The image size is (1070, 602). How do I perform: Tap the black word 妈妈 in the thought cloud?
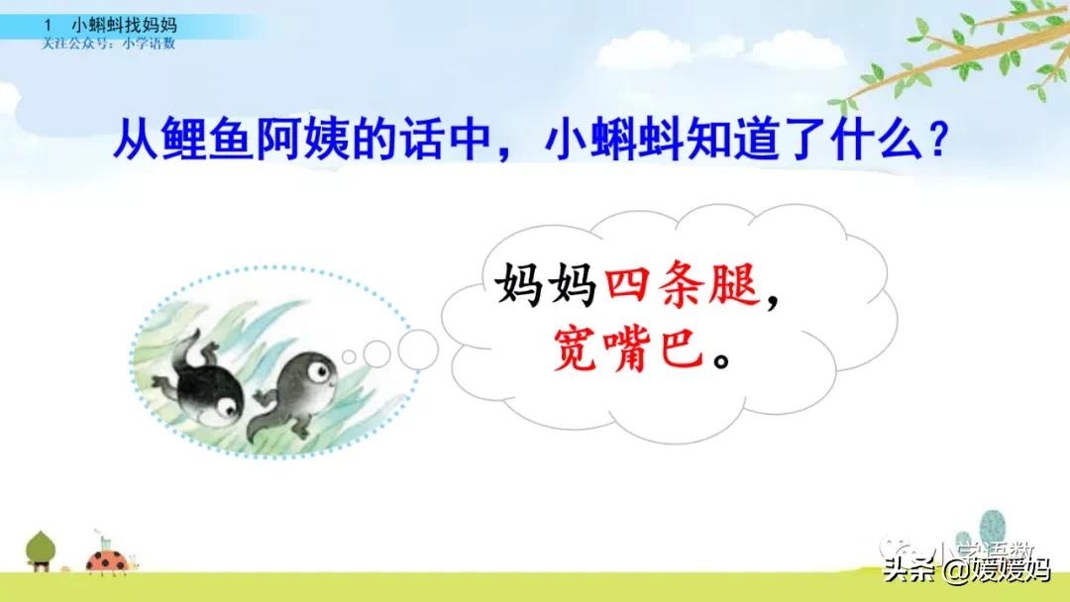coord(544,288)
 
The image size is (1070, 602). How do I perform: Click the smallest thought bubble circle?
coord(348,356)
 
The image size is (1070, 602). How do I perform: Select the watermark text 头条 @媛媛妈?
coord(966,572)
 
